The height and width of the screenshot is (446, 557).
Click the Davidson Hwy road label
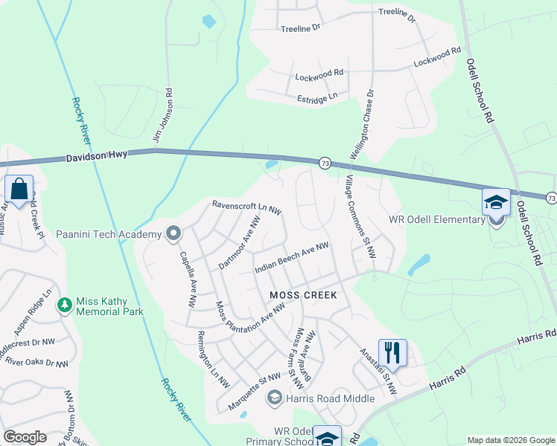click(x=97, y=157)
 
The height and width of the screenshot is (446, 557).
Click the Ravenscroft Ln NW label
click(x=245, y=207)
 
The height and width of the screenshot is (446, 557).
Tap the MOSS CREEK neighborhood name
click(x=303, y=295)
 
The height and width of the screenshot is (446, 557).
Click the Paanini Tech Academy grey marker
click(x=174, y=234)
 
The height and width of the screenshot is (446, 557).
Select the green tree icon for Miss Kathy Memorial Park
click(x=65, y=303)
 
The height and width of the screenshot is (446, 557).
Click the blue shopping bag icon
click(x=19, y=190)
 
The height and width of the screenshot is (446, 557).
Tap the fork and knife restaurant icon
click(x=393, y=351)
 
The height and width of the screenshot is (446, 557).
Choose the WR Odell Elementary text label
click(x=437, y=219)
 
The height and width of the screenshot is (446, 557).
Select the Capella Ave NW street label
click(x=188, y=279)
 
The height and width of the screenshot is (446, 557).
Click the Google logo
click(x=25, y=436)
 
